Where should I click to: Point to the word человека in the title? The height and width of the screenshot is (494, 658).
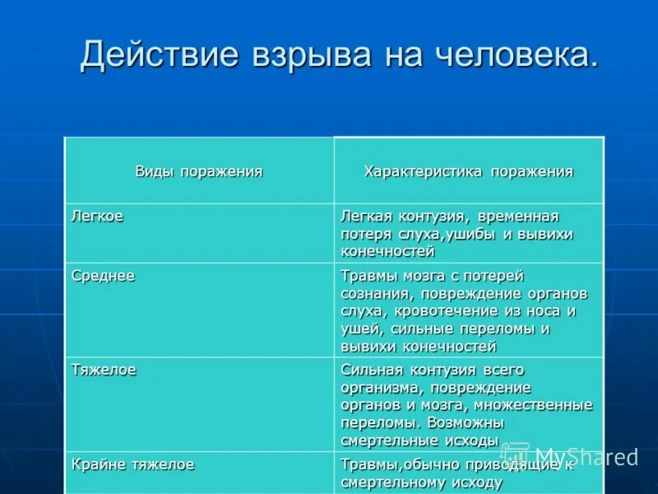512,54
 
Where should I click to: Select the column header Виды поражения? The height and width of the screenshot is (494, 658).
199,171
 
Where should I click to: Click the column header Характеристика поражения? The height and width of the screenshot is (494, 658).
468,171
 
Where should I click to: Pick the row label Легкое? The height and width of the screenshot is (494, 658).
98,216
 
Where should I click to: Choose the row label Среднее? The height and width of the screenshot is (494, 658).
104,276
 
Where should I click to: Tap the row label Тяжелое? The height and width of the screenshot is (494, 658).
104,370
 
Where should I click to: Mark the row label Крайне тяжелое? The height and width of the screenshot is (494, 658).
133,464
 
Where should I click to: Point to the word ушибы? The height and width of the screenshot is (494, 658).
476,234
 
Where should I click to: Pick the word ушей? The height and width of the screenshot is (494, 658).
359,329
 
